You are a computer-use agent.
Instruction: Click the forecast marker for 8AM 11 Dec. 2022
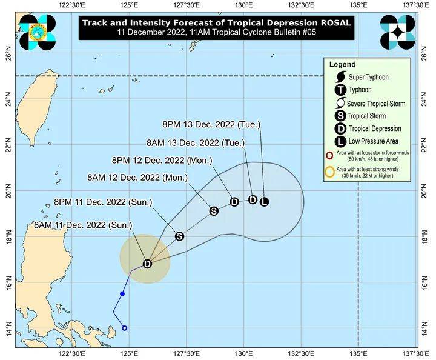[x=147, y=264]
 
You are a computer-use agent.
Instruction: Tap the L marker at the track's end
[x=264, y=202]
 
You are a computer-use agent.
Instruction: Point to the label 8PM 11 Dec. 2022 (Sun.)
[x=103, y=201]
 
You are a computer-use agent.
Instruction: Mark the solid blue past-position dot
[x=122, y=293]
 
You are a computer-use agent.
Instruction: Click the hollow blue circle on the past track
[x=125, y=328]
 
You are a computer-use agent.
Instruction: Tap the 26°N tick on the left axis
[x=8, y=57]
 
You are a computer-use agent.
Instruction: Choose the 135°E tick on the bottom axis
[x=358, y=353]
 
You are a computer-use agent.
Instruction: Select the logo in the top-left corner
[x=37, y=32]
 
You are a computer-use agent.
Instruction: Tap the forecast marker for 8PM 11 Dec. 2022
[x=179, y=236]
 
